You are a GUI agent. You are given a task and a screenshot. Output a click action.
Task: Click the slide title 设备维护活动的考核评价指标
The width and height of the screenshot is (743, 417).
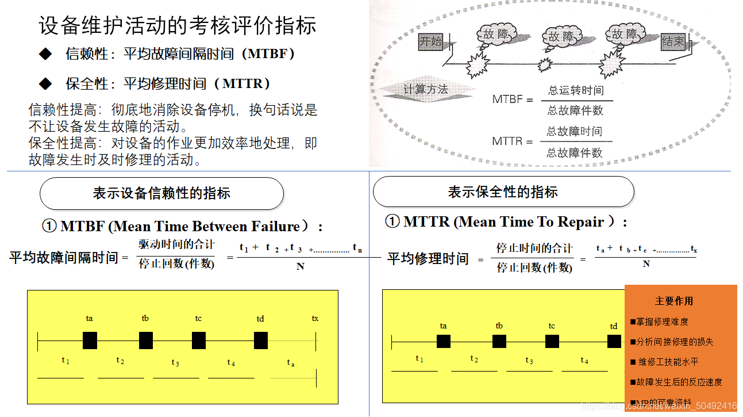(178, 26)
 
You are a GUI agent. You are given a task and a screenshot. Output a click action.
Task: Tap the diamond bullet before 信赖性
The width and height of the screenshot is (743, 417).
(45, 54)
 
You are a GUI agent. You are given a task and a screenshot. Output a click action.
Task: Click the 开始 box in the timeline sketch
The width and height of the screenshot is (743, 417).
(431, 41)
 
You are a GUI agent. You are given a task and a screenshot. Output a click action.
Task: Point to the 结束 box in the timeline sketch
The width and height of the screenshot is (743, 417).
(673, 41)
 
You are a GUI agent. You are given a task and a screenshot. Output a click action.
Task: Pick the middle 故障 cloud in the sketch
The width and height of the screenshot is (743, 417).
(561, 37)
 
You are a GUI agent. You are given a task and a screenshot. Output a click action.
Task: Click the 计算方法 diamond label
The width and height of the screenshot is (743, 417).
(425, 90)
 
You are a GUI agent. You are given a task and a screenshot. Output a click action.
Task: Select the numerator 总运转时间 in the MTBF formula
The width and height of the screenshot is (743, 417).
(576, 90)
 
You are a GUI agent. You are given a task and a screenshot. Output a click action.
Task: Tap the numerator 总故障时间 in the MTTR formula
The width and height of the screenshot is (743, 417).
(574, 132)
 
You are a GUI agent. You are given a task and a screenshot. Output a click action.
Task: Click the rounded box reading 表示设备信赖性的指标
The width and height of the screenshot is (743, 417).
(161, 193)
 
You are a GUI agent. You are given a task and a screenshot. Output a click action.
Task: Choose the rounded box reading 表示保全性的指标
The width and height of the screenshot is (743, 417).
(503, 192)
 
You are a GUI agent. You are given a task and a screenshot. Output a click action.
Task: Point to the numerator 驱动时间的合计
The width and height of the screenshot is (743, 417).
(176, 244)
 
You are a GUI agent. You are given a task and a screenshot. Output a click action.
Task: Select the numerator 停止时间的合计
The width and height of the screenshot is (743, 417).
(534, 248)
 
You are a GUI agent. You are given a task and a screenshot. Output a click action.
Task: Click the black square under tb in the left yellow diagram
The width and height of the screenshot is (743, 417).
(146, 341)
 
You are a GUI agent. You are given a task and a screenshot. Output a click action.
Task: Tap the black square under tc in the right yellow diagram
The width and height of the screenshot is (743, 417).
(552, 342)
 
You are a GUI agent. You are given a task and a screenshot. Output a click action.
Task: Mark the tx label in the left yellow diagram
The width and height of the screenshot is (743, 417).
(315, 318)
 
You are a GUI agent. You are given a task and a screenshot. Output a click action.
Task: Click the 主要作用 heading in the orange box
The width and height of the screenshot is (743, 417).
(674, 301)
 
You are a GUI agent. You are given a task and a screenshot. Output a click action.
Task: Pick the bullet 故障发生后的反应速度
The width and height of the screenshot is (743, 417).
(678, 382)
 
